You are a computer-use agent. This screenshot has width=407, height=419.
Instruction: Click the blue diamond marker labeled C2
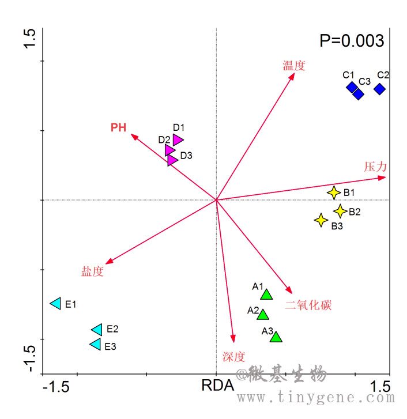tap(379, 89)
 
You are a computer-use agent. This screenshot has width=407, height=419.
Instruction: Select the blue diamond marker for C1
tap(352, 87)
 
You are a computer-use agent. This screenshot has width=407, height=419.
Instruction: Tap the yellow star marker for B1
tap(334, 192)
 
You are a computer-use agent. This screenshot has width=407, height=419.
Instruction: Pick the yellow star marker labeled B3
tap(321, 220)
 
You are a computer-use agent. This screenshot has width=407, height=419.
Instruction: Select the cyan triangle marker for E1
tap(56, 303)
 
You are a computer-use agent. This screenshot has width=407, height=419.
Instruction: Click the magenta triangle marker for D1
tap(178, 139)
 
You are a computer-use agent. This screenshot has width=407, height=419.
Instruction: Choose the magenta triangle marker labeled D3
tap(172, 160)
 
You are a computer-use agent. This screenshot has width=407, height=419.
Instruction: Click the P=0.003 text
tap(352, 41)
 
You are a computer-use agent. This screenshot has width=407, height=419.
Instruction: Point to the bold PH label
tap(119, 127)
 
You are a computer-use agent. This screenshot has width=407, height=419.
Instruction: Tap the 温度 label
tap(293, 66)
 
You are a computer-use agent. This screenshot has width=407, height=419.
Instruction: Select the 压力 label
tap(375, 167)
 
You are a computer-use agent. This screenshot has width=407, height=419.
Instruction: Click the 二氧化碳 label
tap(308, 305)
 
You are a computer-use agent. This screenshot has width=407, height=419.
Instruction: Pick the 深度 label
tap(233, 356)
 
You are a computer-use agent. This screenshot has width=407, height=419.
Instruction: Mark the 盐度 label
tap(92, 272)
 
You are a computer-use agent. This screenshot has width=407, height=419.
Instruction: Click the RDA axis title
tap(217, 386)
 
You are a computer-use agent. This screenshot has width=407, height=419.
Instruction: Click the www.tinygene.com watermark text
tap(316, 398)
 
